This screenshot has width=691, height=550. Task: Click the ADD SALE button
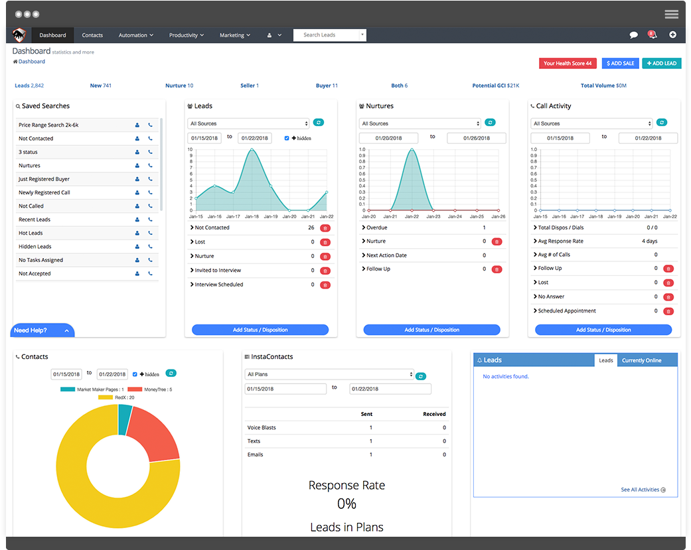click(620, 63)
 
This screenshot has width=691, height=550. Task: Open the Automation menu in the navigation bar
click(135, 35)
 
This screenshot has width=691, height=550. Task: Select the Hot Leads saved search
click(31, 233)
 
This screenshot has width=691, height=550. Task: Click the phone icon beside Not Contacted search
click(150, 139)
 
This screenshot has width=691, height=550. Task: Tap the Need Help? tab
click(41, 330)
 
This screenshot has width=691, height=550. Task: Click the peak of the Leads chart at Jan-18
click(252, 150)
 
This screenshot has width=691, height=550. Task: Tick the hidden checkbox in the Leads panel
click(287, 138)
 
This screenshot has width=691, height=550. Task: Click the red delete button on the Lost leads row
click(325, 242)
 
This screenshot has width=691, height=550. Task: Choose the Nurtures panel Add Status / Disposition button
click(431, 330)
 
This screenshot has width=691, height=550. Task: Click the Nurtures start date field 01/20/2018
click(388, 138)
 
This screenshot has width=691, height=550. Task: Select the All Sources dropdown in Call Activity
click(591, 123)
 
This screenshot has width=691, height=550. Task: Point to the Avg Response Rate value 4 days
click(649, 241)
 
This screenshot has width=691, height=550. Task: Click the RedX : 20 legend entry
click(116, 397)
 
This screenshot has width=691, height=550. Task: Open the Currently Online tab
click(641, 360)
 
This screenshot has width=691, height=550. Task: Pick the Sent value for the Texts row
click(370, 441)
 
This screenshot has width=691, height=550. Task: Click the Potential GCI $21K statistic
click(495, 86)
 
